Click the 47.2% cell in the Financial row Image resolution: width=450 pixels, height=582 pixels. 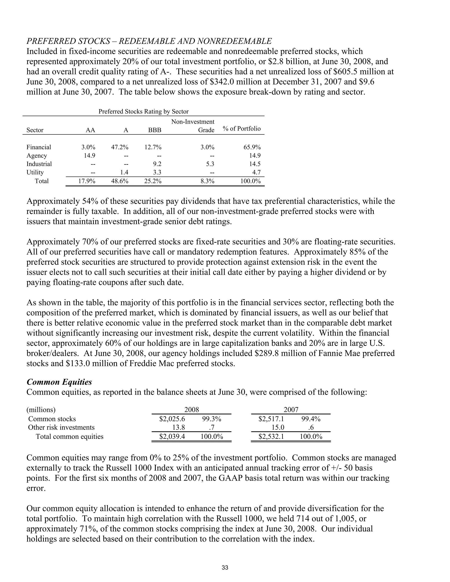coord(120,147)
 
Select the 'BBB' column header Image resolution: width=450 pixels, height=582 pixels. coord(155,130)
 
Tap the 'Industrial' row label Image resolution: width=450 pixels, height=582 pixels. coord(39,164)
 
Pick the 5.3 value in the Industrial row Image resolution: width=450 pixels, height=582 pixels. coord(210,164)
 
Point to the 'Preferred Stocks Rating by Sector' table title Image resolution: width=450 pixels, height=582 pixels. coord(143,111)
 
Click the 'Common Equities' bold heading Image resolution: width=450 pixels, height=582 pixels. coord(59,382)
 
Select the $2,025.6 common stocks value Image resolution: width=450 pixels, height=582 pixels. coord(172,419)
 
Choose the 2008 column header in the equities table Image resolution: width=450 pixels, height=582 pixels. coord(191,410)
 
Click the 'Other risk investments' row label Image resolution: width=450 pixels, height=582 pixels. coord(61,427)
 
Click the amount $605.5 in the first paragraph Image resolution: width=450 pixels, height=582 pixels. coord(365,72)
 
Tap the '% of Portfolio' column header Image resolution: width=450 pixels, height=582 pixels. coord(241,129)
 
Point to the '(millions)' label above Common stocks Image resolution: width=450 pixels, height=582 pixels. coord(41,410)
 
